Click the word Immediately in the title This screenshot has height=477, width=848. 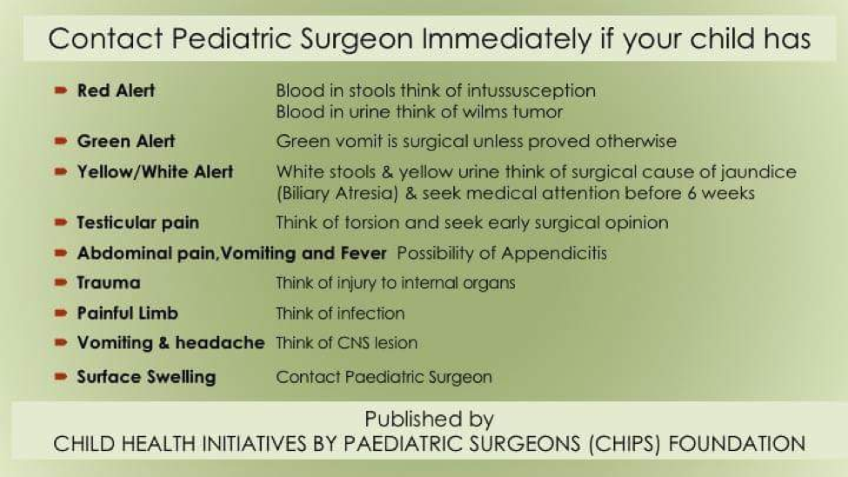coord(507,39)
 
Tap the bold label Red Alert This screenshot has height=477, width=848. coord(116,91)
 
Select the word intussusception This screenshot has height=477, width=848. coord(531,91)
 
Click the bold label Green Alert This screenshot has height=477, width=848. coord(126,141)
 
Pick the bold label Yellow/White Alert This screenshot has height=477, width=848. coord(155,172)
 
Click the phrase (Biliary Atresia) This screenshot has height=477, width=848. coord(337,194)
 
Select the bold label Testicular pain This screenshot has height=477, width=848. coord(138,223)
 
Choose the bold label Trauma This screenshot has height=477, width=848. coord(109,283)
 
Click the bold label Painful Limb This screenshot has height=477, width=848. coord(128,313)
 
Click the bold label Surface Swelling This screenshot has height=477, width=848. coord(146,377)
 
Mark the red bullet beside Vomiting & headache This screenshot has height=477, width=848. coord(61,343)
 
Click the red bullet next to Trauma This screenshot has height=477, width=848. coord(61,282)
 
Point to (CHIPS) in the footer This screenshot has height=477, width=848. coord(624,444)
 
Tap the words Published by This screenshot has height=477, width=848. coord(429,419)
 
